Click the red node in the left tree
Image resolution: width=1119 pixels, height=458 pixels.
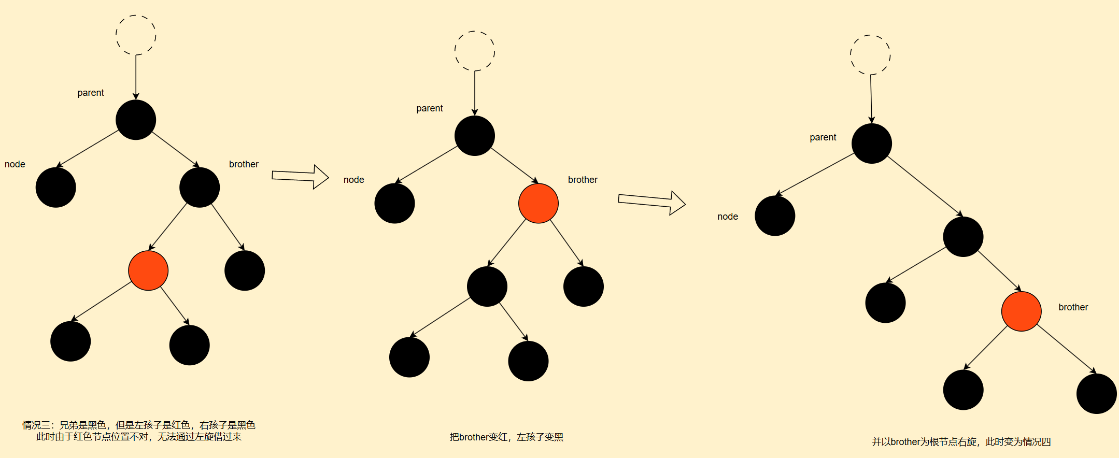click(x=148, y=270)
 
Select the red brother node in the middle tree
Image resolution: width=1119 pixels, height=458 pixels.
click(x=539, y=203)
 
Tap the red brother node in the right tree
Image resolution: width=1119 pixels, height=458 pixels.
click(x=1021, y=311)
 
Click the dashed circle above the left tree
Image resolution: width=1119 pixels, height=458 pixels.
click(x=136, y=35)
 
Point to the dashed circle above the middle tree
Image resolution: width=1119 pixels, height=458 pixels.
click(x=475, y=51)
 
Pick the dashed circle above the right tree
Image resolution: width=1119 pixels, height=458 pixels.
click(x=870, y=54)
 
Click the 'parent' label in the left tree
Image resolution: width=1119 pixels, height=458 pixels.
click(x=91, y=93)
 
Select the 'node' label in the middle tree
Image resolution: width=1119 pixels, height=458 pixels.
click(x=353, y=180)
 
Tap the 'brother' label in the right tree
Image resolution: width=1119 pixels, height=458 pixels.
click(x=1073, y=307)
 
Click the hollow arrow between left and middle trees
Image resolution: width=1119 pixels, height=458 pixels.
click(x=300, y=177)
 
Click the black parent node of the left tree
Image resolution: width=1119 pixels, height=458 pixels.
click(x=136, y=120)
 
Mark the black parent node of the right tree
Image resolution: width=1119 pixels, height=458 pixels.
click(x=871, y=144)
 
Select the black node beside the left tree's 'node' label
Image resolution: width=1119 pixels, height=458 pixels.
click(x=56, y=188)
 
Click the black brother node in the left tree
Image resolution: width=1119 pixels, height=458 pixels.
click(x=200, y=188)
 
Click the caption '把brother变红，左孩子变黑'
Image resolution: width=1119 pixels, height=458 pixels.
click(x=506, y=437)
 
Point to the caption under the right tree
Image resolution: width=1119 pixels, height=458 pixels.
click(x=961, y=442)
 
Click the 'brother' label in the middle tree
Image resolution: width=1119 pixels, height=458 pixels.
click(x=583, y=180)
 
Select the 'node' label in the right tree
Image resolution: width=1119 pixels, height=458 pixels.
click(x=727, y=217)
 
